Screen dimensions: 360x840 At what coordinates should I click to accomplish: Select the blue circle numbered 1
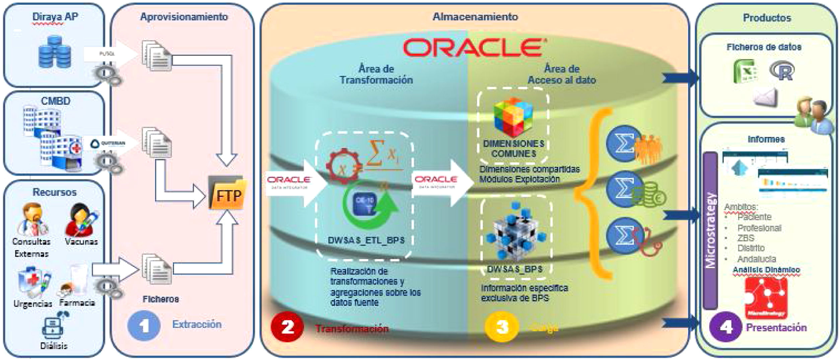[x=144, y=325]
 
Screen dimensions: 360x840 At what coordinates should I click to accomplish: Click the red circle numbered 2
[x=287, y=327]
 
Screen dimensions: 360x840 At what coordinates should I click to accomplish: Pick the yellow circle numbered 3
[x=501, y=327]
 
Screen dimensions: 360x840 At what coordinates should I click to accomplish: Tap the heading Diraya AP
[x=55, y=17]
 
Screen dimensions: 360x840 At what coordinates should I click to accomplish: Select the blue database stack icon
[x=55, y=52]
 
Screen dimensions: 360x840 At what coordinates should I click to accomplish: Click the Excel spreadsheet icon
[x=746, y=71]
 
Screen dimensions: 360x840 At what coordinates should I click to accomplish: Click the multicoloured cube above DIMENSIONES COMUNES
[x=513, y=117]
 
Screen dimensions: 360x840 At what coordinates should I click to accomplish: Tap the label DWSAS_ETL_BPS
[x=366, y=240]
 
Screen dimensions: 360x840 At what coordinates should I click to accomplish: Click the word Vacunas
[x=81, y=241]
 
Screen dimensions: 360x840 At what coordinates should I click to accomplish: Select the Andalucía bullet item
[x=756, y=259]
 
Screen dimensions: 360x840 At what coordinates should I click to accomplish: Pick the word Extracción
[x=197, y=324]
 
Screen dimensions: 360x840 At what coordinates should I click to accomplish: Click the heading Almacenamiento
[x=475, y=17]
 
